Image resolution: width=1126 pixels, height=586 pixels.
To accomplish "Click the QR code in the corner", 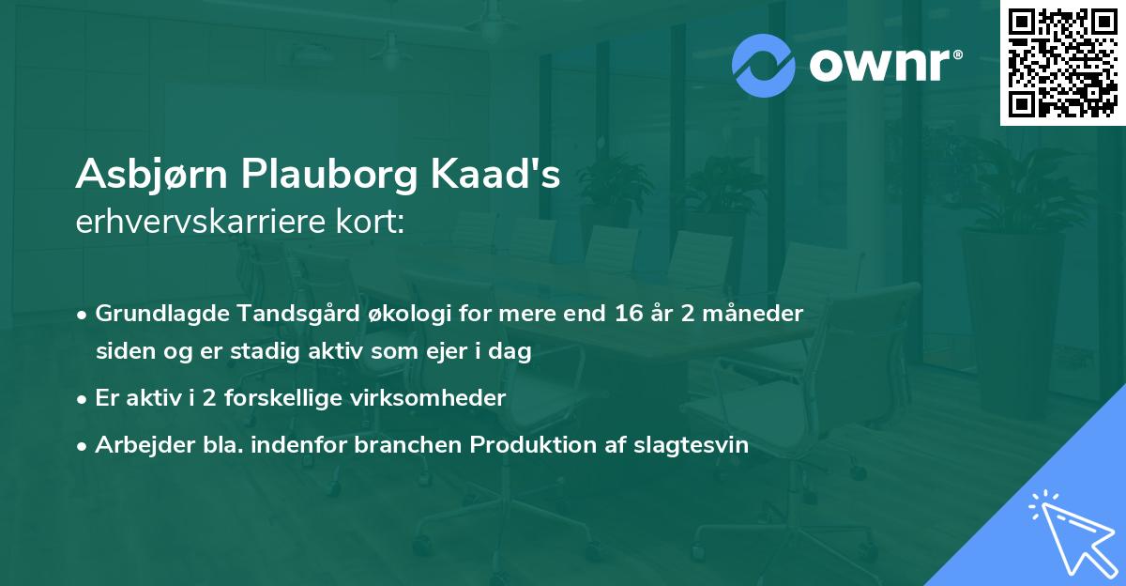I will click(1063, 62).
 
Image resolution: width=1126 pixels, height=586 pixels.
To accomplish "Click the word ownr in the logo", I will click(884, 65).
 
